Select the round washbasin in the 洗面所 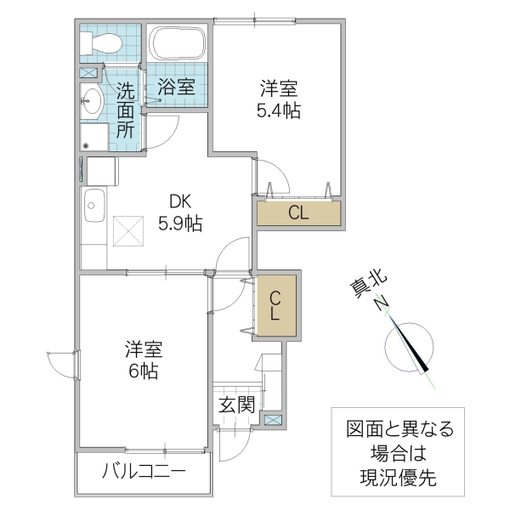coord(91,101)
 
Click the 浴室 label coord(177,86)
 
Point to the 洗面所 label coord(125,109)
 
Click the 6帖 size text coord(144,371)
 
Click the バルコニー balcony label coord(144,472)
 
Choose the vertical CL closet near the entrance coord(277,305)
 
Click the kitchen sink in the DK coord(93,205)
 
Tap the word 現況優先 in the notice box coord(399,478)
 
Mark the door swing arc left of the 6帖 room coord(58,364)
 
